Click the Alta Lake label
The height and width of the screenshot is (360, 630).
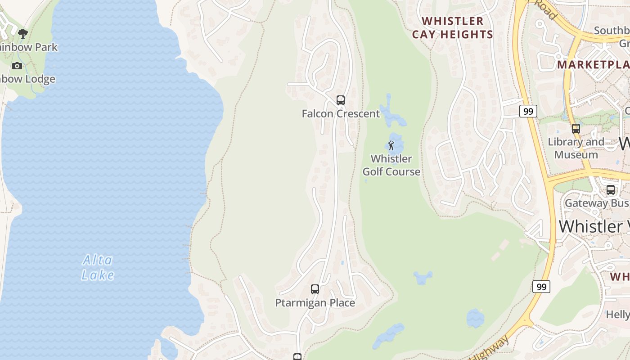point(98,267)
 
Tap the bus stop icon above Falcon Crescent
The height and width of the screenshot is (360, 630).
point(341,100)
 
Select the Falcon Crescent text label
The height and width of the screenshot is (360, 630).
point(341,113)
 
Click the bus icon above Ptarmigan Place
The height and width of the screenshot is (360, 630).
point(315,289)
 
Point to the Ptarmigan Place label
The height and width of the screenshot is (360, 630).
point(315,303)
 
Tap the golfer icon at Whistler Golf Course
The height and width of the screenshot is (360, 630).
point(391,145)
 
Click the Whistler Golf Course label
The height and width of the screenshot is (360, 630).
point(391,165)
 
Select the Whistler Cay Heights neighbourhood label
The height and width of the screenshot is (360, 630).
point(452,27)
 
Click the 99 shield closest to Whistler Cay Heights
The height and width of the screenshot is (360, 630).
point(528,111)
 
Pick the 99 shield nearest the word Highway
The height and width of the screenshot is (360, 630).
point(541,287)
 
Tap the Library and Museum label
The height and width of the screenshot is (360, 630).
point(576,148)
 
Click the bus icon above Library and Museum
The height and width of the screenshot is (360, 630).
point(576,129)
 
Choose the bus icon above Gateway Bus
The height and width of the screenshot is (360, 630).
point(611,190)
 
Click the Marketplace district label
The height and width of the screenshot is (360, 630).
point(593,64)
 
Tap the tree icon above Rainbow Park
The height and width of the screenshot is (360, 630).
point(22,33)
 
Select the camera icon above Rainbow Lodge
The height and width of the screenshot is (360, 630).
point(17,66)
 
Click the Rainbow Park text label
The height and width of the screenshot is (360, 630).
point(28,47)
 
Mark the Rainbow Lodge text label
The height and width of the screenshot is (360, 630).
point(27,79)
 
